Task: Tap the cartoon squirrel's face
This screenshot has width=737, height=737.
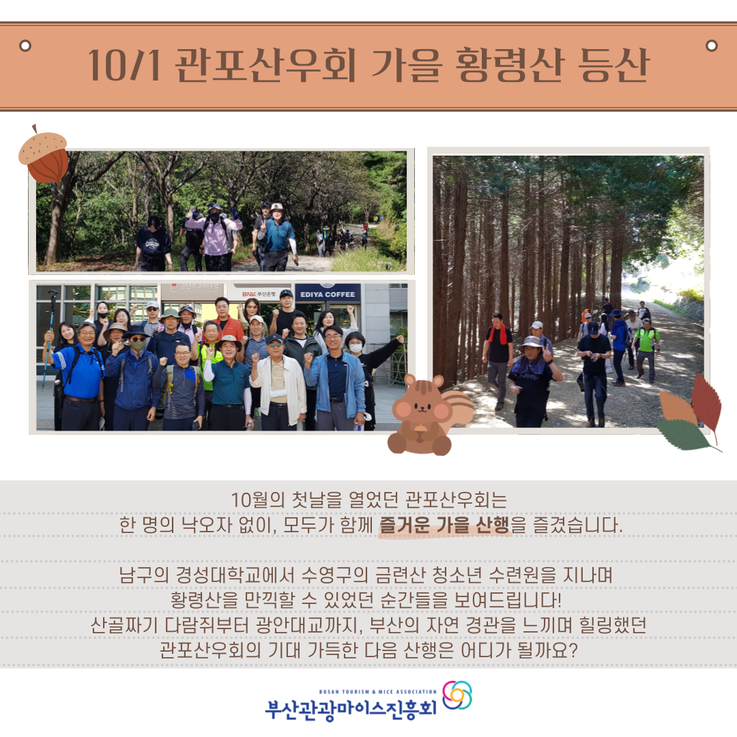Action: click(x=422, y=409)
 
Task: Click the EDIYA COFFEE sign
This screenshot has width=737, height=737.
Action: click(x=328, y=294)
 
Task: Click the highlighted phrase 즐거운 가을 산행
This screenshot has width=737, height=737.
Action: click(x=445, y=526)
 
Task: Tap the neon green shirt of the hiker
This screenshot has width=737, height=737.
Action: click(x=646, y=339)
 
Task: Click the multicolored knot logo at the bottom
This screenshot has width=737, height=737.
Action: click(x=457, y=695)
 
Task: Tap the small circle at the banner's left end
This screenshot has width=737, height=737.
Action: click(x=25, y=46)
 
